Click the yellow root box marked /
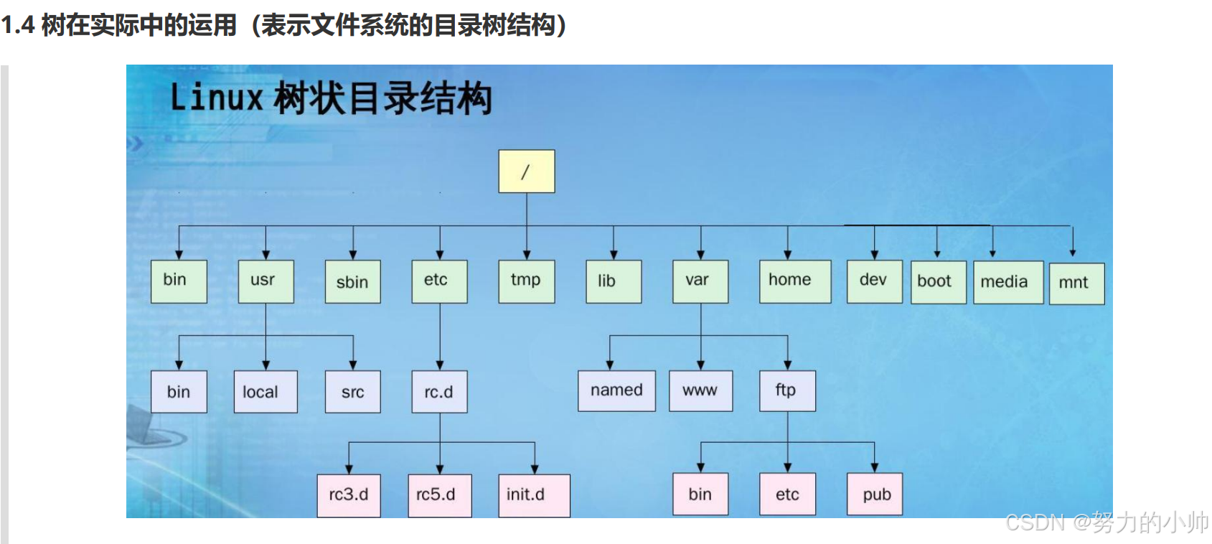(526, 171)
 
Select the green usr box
(266, 281)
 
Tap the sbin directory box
(352, 281)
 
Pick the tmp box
(526, 281)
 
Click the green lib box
(614, 281)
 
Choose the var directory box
(700, 281)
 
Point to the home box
(794, 281)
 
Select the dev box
(874, 281)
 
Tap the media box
(1007, 283)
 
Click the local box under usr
(265, 392)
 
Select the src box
(352, 392)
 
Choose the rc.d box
(439, 392)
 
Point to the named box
(616, 390)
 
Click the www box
(700, 390)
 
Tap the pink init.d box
(534, 495)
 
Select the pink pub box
(874, 494)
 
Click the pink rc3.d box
(349, 495)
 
